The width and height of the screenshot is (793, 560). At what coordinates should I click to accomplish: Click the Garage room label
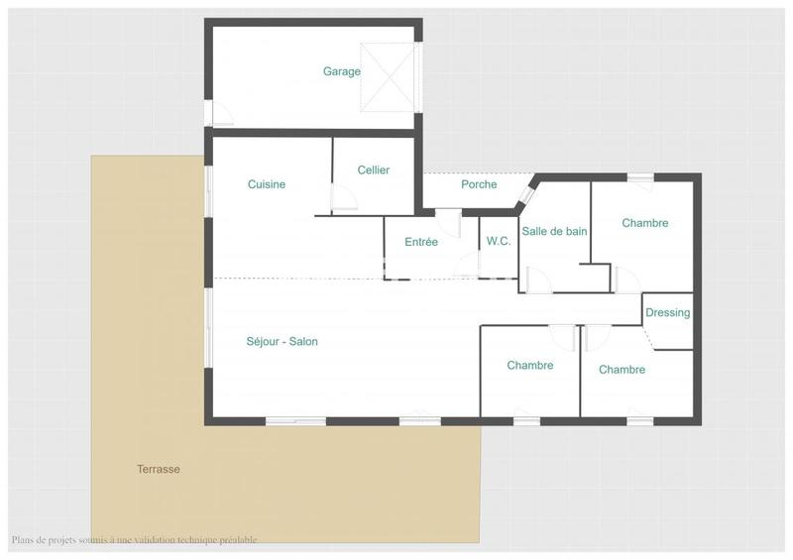[341, 71]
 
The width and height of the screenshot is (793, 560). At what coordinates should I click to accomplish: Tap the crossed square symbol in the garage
[386, 77]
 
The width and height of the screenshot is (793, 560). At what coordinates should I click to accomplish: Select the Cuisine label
[267, 184]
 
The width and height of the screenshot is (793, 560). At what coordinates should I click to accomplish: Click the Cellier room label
[373, 169]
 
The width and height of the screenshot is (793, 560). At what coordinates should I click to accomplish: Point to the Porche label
[479, 184]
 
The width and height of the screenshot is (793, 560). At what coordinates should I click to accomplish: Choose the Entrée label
[421, 242]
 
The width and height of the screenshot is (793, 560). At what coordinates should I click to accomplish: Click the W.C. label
[499, 241]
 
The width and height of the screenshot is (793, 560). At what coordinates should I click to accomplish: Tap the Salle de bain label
[554, 231]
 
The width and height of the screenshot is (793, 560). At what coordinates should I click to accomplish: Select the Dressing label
[667, 312]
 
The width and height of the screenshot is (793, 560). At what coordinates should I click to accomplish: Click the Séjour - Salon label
[282, 342]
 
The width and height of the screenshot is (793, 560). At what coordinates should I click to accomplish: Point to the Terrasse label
[159, 469]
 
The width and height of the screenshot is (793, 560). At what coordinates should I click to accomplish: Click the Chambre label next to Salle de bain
[644, 223]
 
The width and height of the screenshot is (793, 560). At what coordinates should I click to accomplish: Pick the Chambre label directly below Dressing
[622, 370]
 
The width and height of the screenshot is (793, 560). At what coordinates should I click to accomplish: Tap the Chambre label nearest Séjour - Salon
[529, 366]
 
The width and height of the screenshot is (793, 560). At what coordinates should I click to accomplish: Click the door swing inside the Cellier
[344, 202]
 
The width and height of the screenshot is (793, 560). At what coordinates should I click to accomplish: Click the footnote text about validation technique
[134, 540]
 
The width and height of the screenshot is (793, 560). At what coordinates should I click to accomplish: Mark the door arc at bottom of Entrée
[467, 267]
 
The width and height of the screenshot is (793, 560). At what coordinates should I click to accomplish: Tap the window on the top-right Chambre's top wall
[639, 177]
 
